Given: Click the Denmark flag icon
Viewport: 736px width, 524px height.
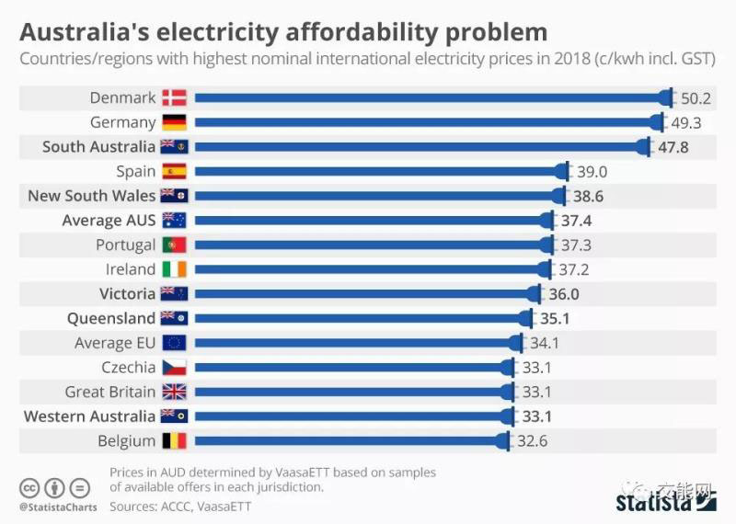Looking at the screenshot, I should pyautogui.click(x=174, y=97).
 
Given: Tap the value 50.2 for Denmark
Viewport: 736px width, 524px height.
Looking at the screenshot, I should pyautogui.click(x=696, y=97).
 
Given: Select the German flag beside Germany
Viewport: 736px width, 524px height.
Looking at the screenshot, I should pyautogui.click(x=174, y=122).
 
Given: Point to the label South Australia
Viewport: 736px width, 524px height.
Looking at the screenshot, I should pyautogui.click(x=98, y=146).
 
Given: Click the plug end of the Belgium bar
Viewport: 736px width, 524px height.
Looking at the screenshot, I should pyautogui.click(x=503, y=441).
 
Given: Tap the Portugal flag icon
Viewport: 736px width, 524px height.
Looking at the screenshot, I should pyautogui.click(x=174, y=245).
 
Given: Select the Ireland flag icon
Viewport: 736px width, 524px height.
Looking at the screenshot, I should pyautogui.click(x=174, y=269).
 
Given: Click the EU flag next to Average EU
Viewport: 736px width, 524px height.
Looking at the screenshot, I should pyautogui.click(x=174, y=343).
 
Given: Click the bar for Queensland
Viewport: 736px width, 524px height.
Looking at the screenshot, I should pyautogui.click(x=359, y=318).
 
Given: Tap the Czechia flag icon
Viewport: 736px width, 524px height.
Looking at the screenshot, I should pyautogui.click(x=174, y=368).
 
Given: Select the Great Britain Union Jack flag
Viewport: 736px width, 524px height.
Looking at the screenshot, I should pyautogui.click(x=174, y=392).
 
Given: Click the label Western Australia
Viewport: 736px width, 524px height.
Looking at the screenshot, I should pyautogui.click(x=89, y=416).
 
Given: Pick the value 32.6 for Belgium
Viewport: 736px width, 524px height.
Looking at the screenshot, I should pyautogui.click(x=533, y=441).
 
